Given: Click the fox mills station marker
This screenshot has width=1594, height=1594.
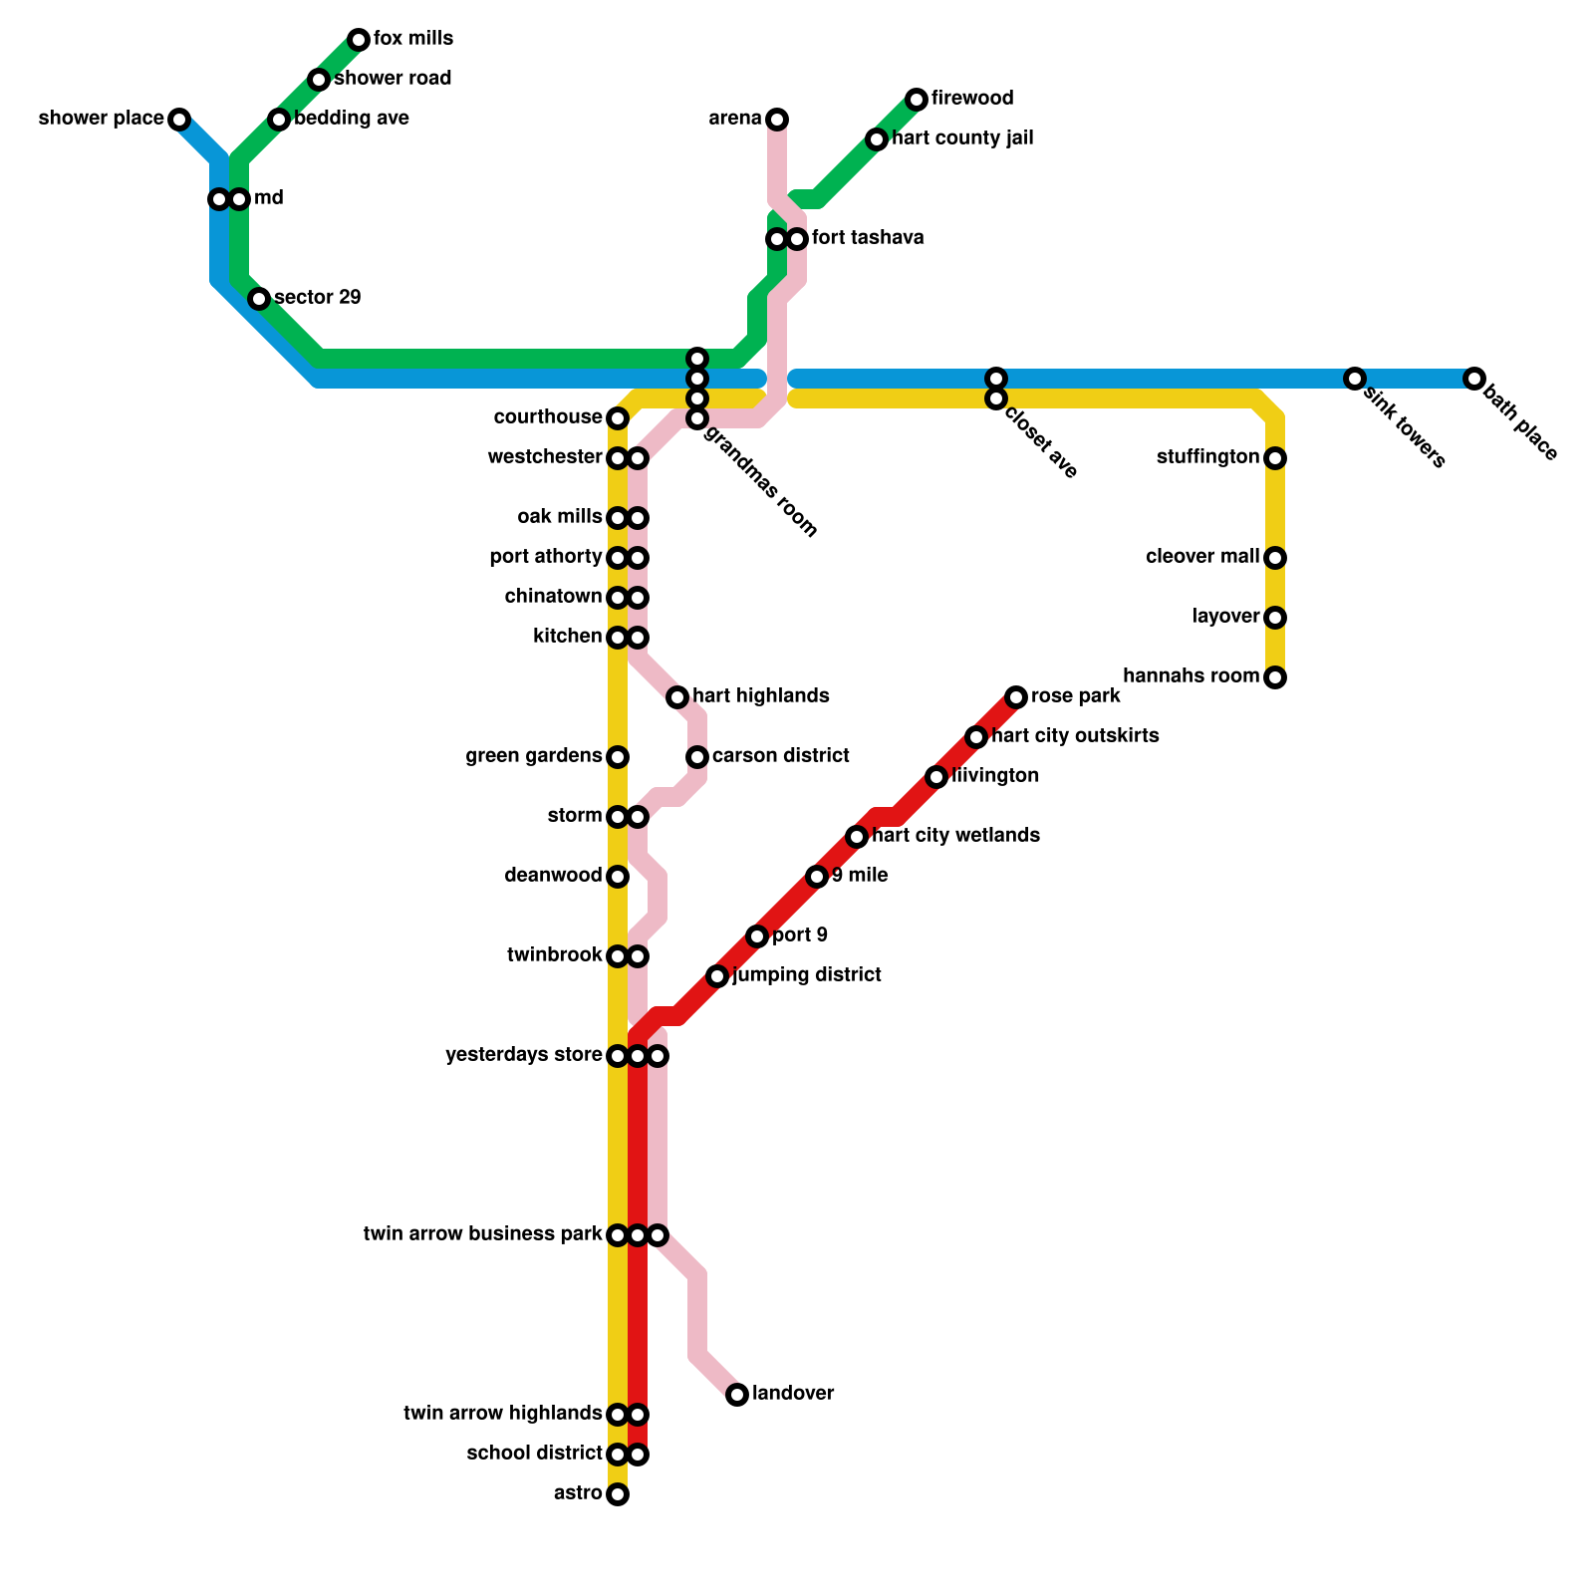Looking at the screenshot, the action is [x=359, y=40].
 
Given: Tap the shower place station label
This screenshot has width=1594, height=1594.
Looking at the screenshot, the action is [x=101, y=120].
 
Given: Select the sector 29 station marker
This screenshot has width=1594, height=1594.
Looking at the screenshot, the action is [x=259, y=299].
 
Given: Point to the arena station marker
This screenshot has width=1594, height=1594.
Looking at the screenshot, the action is [x=777, y=120].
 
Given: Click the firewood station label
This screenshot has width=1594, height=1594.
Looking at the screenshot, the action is [x=972, y=99].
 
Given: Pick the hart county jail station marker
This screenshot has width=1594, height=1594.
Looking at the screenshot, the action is [x=877, y=139].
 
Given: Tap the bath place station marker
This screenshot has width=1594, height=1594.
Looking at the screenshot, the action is [x=1474, y=379].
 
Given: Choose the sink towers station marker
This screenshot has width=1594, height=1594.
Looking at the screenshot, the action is [x=1355, y=379].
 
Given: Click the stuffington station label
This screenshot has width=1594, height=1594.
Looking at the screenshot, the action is [x=1207, y=458].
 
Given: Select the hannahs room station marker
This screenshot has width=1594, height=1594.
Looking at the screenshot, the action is [x=1275, y=677].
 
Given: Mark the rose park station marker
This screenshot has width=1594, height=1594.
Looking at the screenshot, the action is [x=1016, y=697].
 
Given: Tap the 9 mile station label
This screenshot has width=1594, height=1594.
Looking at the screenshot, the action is [x=860, y=877].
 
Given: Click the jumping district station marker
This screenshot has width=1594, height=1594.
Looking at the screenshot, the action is [x=717, y=976].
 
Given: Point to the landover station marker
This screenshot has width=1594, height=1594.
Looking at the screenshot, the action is [x=737, y=1395].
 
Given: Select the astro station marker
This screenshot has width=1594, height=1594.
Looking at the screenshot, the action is [x=618, y=1494].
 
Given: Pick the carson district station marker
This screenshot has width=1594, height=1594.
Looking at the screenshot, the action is [x=697, y=757].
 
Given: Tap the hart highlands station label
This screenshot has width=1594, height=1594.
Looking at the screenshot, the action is [x=761, y=696].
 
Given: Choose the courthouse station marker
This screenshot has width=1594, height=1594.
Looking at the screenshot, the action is [x=618, y=418].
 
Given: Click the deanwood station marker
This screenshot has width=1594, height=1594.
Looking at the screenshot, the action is [x=618, y=877].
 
